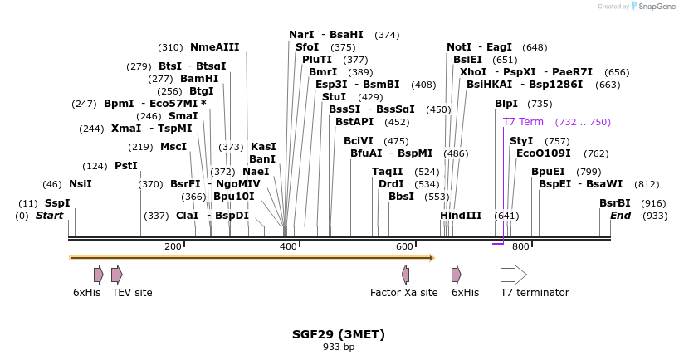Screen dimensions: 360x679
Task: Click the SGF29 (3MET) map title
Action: (339, 334)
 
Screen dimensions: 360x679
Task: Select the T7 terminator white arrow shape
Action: (513, 275)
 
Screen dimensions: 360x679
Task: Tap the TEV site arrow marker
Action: (117, 275)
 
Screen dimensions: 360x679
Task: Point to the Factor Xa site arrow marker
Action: (405, 275)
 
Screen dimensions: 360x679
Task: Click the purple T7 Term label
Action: (523, 122)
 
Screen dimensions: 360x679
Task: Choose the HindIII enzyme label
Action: (461, 216)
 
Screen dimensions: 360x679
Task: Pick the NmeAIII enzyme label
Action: (214, 47)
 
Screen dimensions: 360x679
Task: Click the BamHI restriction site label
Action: (199, 79)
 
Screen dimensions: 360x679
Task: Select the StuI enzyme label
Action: (334, 97)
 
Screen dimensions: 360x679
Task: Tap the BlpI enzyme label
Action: (506, 104)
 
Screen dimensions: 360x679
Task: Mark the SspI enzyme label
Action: (57, 203)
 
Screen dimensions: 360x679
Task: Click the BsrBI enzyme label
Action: (615, 203)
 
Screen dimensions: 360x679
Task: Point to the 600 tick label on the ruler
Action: (404, 246)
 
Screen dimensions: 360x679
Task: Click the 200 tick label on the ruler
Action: (173, 246)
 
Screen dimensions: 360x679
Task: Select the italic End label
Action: (620, 216)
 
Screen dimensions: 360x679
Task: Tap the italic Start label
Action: (49, 216)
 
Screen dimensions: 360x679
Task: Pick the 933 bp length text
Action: (339, 347)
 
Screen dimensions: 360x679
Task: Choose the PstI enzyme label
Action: (126, 166)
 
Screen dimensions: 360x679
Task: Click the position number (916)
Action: (653, 203)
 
